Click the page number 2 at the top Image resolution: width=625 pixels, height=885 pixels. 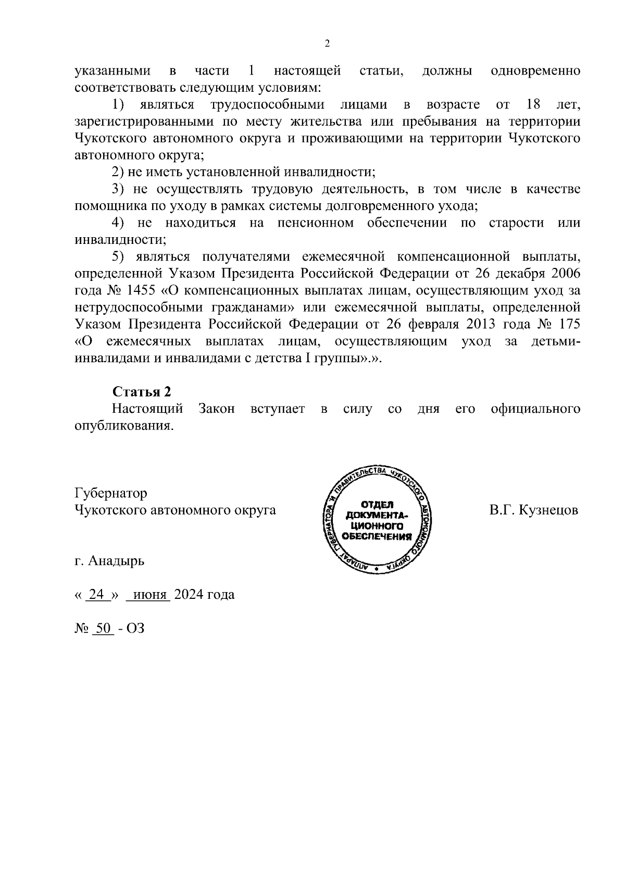point(327,44)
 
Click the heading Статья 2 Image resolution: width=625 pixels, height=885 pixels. point(142,392)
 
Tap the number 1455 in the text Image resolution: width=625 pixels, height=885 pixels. point(141,290)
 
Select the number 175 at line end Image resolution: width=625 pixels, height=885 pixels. point(569,324)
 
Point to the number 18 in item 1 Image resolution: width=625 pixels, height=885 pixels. point(533,104)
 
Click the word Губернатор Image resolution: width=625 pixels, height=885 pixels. point(111,493)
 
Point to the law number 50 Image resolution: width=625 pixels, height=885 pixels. point(103,628)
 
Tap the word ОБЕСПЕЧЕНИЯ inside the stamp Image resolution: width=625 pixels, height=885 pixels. point(377,536)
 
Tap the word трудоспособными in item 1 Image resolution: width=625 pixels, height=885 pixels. point(267,104)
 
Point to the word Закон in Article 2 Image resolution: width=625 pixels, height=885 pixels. point(217,409)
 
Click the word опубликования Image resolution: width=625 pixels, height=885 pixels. point(123,425)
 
